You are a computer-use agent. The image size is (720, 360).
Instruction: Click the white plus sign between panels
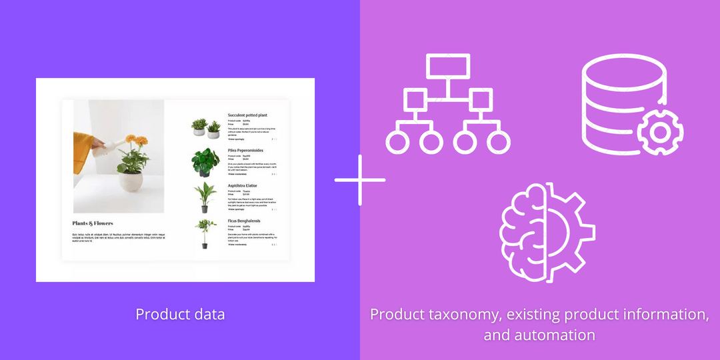tap(360, 180)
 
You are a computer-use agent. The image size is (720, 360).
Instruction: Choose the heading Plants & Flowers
tap(93, 223)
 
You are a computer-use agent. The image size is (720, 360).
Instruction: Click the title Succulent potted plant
tap(247, 115)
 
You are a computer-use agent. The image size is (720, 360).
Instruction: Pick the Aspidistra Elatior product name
tap(242, 185)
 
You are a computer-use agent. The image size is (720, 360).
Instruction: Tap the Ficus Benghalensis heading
tap(244, 221)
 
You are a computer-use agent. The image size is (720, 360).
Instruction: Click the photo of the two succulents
tap(205, 127)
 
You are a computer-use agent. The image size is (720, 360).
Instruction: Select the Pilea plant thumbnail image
tap(205, 162)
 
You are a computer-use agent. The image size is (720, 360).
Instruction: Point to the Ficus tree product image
tap(205, 233)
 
